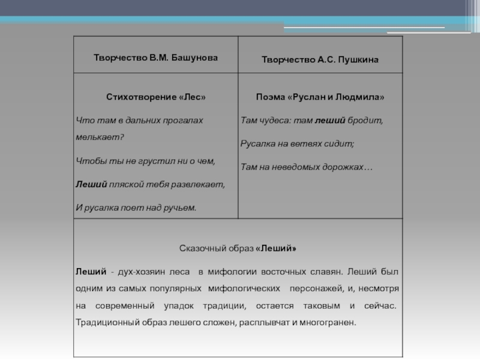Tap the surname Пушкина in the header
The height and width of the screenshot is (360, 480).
(x=358, y=61)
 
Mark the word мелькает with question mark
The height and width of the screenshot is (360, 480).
(x=100, y=137)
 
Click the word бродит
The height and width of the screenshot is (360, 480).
(x=365, y=121)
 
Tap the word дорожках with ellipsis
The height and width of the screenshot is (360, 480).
(x=349, y=167)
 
